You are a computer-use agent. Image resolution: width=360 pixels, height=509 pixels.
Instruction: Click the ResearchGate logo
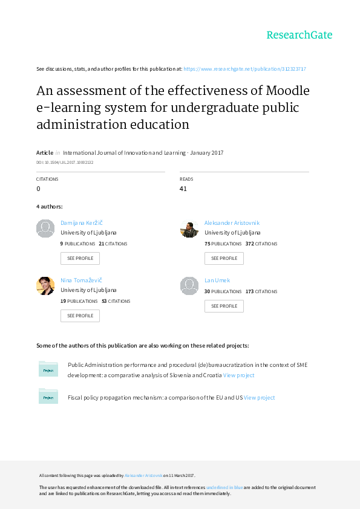(299, 35)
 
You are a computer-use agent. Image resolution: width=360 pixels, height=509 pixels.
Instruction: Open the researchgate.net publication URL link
(244, 69)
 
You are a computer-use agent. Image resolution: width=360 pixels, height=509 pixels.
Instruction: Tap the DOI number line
(65, 162)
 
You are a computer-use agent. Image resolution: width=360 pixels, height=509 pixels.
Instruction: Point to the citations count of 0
(39, 189)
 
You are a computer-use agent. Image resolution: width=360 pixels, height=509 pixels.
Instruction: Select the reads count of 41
(183, 189)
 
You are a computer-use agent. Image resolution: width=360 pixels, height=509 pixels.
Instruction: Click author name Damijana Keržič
(82, 223)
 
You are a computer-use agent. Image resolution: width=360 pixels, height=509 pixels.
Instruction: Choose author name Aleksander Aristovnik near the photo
(232, 223)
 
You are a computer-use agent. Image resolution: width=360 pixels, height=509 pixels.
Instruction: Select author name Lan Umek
(217, 280)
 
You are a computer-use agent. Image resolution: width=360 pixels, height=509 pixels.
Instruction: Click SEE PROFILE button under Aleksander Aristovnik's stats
(224, 258)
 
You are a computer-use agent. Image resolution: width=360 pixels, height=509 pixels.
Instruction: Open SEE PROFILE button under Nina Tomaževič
(80, 316)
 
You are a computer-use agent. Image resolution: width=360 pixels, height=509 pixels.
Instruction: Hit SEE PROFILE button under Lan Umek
(224, 306)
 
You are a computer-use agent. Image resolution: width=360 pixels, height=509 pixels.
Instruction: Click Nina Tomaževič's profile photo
(45, 286)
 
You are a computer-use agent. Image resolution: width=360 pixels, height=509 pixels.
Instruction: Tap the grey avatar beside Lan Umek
(189, 286)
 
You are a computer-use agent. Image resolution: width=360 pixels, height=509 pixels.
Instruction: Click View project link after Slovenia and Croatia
(238, 375)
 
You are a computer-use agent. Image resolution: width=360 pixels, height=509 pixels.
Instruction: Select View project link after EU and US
(260, 398)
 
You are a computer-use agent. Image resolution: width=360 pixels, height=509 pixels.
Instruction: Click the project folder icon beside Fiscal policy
(48, 395)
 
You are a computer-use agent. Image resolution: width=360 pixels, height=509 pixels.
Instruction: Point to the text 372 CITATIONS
(261, 244)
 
